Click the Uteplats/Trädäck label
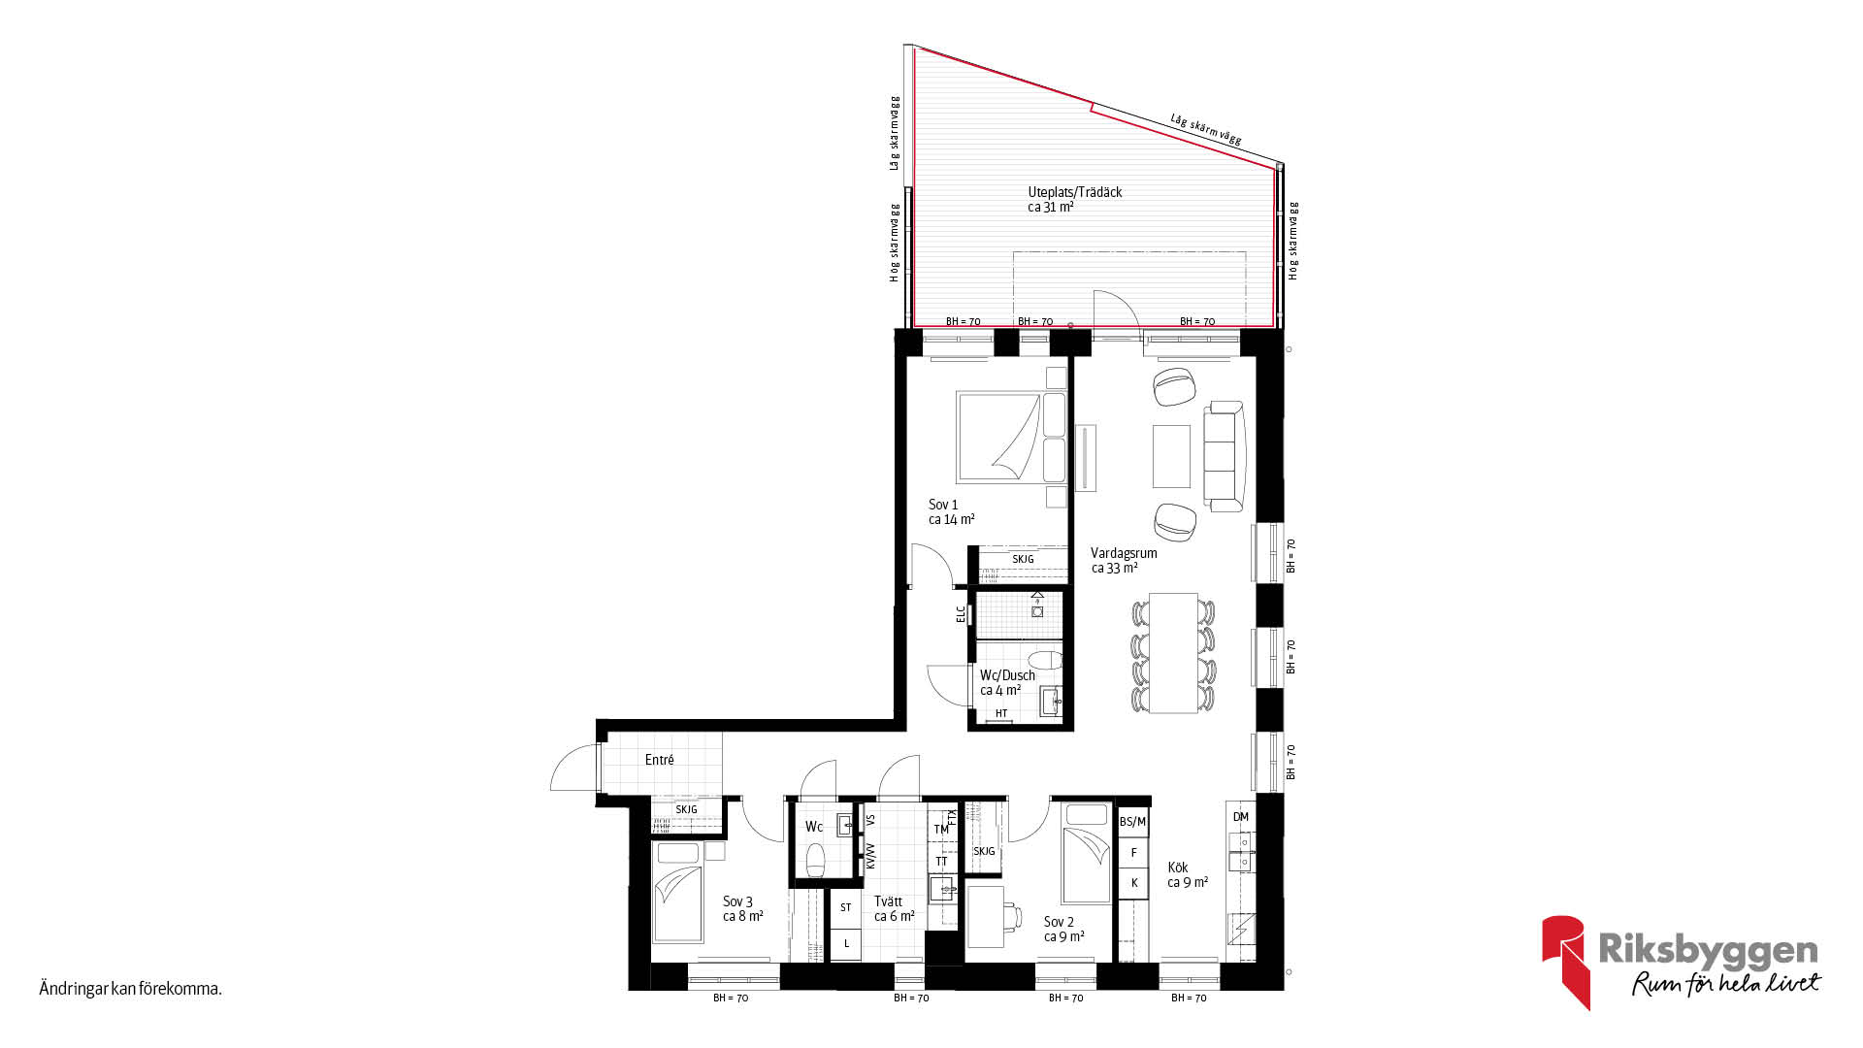[1074, 192]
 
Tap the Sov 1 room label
[943, 505]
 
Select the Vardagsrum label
[1124, 553]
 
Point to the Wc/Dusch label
[1007, 675]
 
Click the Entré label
[659, 760]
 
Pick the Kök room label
[1178, 868]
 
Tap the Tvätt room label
[888, 901]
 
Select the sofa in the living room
[1225, 456]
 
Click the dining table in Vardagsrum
[1173, 652]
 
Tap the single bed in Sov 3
[678, 892]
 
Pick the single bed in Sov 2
[1086, 854]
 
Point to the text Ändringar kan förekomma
[131, 990]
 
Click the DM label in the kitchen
[1241, 817]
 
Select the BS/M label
[1132, 822]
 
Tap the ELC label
[962, 614]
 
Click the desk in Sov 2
[985, 916]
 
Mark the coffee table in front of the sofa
[1171, 456]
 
